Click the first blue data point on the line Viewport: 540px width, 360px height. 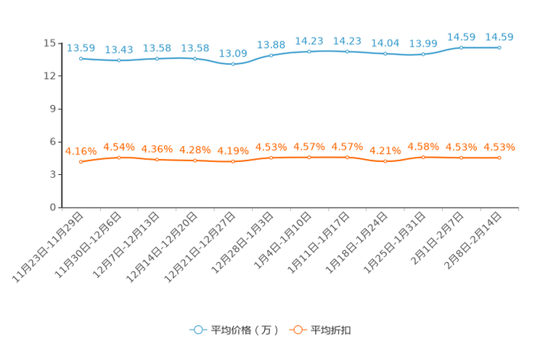point(81,58)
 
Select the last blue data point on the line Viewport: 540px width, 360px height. point(499,47)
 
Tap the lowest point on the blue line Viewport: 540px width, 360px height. point(233,65)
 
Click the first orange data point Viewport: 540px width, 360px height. point(81,161)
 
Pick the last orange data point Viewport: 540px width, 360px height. point(499,157)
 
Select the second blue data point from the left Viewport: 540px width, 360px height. point(119,60)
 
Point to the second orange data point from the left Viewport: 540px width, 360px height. point(119,157)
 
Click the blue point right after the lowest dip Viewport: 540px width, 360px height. point(271,55)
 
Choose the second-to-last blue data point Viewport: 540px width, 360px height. point(461,47)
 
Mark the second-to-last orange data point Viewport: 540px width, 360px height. point(461,157)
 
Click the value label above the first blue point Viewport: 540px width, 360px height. point(81,48)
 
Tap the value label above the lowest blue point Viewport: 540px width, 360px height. point(233,54)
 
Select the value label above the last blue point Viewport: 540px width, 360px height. point(499,36)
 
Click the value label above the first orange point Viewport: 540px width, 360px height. point(81,150)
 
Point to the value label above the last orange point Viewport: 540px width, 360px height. point(499,147)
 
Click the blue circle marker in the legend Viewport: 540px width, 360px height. point(197,330)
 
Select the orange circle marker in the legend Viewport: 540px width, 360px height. point(296,330)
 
